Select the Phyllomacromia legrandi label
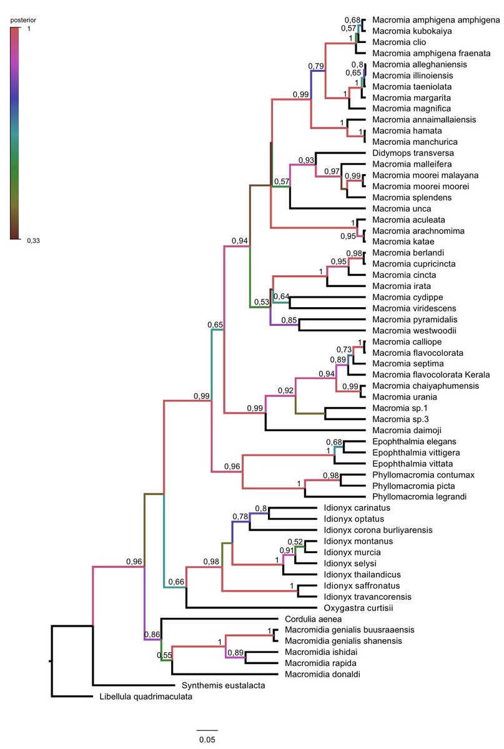click(x=416, y=496)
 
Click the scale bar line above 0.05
click(x=207, y=729)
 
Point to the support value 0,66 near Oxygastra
click(x=176, y=582)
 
